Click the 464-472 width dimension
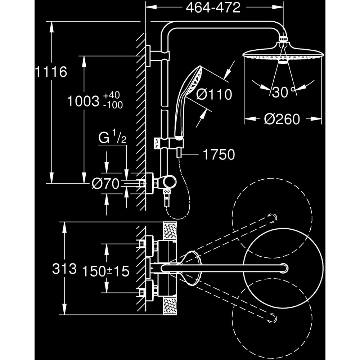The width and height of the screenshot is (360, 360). [213, 8]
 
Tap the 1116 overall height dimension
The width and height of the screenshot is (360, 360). [51, 72]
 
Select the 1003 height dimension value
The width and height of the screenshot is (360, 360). [83, 101]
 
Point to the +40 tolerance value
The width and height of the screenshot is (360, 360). [111, 96]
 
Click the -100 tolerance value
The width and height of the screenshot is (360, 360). [113, 105]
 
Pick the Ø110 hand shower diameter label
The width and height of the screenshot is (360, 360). [214, 95]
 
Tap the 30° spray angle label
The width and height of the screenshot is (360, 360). [283, 93]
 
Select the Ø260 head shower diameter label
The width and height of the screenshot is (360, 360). [282, 119]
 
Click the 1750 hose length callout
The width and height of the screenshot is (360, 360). [219, 155]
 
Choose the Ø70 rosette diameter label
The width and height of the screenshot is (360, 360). [105, 184]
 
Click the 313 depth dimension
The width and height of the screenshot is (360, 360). [64, 269]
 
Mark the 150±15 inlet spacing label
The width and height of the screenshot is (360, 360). [105, 271]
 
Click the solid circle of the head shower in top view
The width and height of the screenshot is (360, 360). [283, 268]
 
